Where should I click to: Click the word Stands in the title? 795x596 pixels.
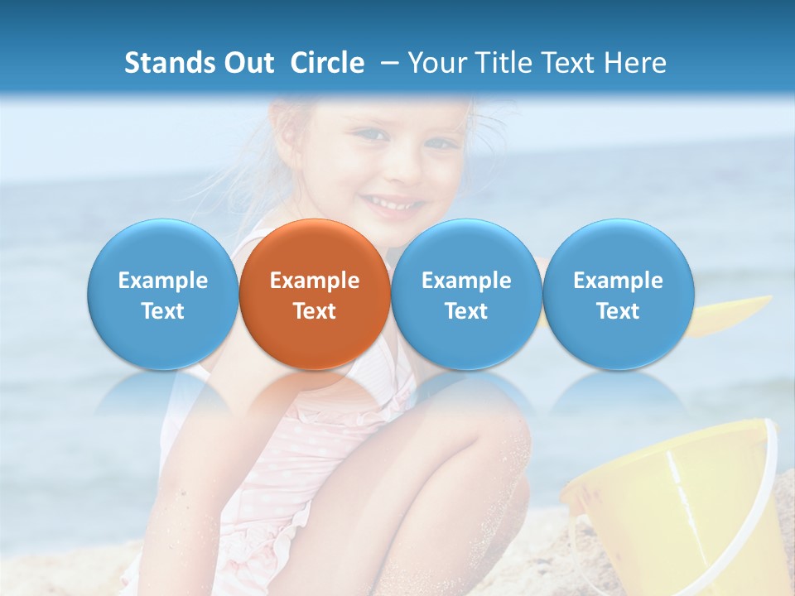pos(164,63)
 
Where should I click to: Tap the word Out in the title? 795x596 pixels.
pos(246,63)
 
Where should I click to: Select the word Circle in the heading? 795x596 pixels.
pos(327,63)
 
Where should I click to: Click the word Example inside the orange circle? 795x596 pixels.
pos(315,281)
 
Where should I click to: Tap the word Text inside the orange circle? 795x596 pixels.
pos(315,311)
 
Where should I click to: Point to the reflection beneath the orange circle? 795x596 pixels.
pos(315,393)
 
